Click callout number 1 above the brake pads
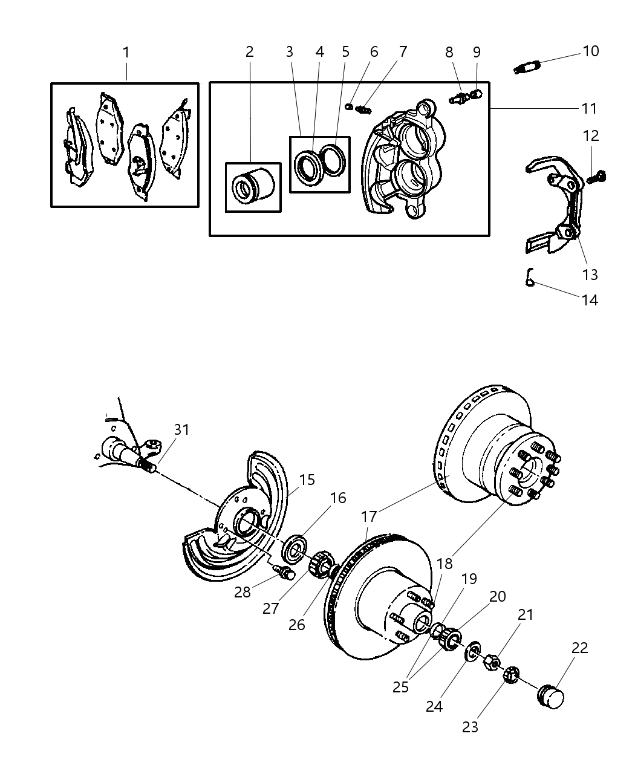126,53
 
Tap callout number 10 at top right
590,51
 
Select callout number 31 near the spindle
181,429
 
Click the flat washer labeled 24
473,651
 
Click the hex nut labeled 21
491,662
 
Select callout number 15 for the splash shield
307,480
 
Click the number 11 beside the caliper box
589,108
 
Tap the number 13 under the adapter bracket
590,275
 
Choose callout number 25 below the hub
400,687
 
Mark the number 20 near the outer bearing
497,596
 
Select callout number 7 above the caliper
403,52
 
